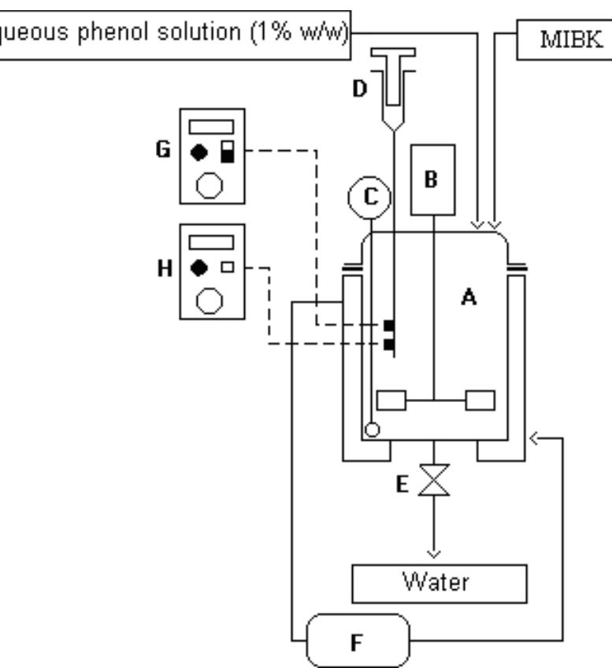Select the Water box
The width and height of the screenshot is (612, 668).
point(438,583)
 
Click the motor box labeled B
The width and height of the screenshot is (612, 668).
point(432,179)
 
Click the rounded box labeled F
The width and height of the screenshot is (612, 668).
point(358,639)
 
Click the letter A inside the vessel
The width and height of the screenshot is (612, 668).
point(469,297)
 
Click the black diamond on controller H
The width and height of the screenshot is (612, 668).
point(200,268)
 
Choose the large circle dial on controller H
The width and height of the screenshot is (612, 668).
point(209,301)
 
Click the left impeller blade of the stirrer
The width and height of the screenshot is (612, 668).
point(391,400)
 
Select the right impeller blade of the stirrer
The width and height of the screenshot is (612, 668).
point(480,400)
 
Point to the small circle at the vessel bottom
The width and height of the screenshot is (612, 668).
point(371,430)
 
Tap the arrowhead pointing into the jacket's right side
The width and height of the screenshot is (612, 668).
point(535,437)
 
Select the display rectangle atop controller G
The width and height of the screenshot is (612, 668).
point(210,126)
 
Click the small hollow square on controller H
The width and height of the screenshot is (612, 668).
point(228,268)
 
